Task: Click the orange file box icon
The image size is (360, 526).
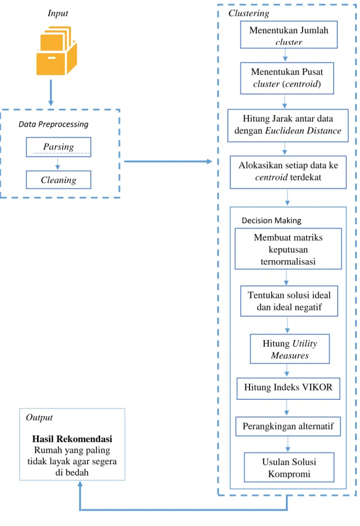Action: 57,51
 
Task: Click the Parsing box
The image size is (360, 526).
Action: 58,147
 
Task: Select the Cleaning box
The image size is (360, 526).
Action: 58,180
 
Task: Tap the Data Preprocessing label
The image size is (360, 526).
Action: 53,124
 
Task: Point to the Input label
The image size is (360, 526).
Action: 57,13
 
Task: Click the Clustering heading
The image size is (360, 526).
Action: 248,13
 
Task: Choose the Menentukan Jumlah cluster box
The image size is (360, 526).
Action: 289,35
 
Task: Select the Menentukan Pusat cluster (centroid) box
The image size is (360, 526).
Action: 287,78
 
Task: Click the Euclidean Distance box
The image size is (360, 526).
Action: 288,126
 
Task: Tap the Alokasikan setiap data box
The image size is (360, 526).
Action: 288,172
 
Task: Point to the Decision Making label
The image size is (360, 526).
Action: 272,220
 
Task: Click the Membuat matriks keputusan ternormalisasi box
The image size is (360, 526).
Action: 288,249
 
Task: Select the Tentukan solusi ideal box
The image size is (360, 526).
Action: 289,301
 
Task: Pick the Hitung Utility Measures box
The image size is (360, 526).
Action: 290,349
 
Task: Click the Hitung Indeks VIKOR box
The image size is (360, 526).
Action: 288,388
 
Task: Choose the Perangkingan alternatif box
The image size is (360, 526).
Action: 288,426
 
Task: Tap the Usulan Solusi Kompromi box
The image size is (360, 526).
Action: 289,467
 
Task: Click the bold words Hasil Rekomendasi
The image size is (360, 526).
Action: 72,439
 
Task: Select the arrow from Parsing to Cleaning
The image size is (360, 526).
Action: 57,164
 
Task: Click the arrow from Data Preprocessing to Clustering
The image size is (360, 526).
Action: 168,161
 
